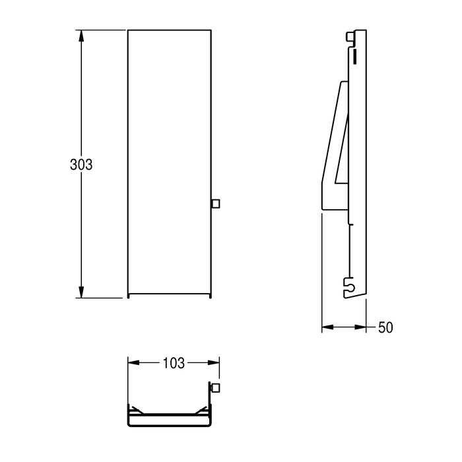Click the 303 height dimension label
(81, 165)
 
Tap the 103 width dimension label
(174, 363)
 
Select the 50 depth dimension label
(385, 327)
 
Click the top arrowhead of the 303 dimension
(81, 36)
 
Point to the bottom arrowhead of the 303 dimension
(81, 292)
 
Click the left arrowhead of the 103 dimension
(134, 363)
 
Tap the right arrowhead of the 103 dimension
(214, 363)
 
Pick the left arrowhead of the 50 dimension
(327, 327)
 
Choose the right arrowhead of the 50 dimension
(360, 327)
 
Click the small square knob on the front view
(216, 203)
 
